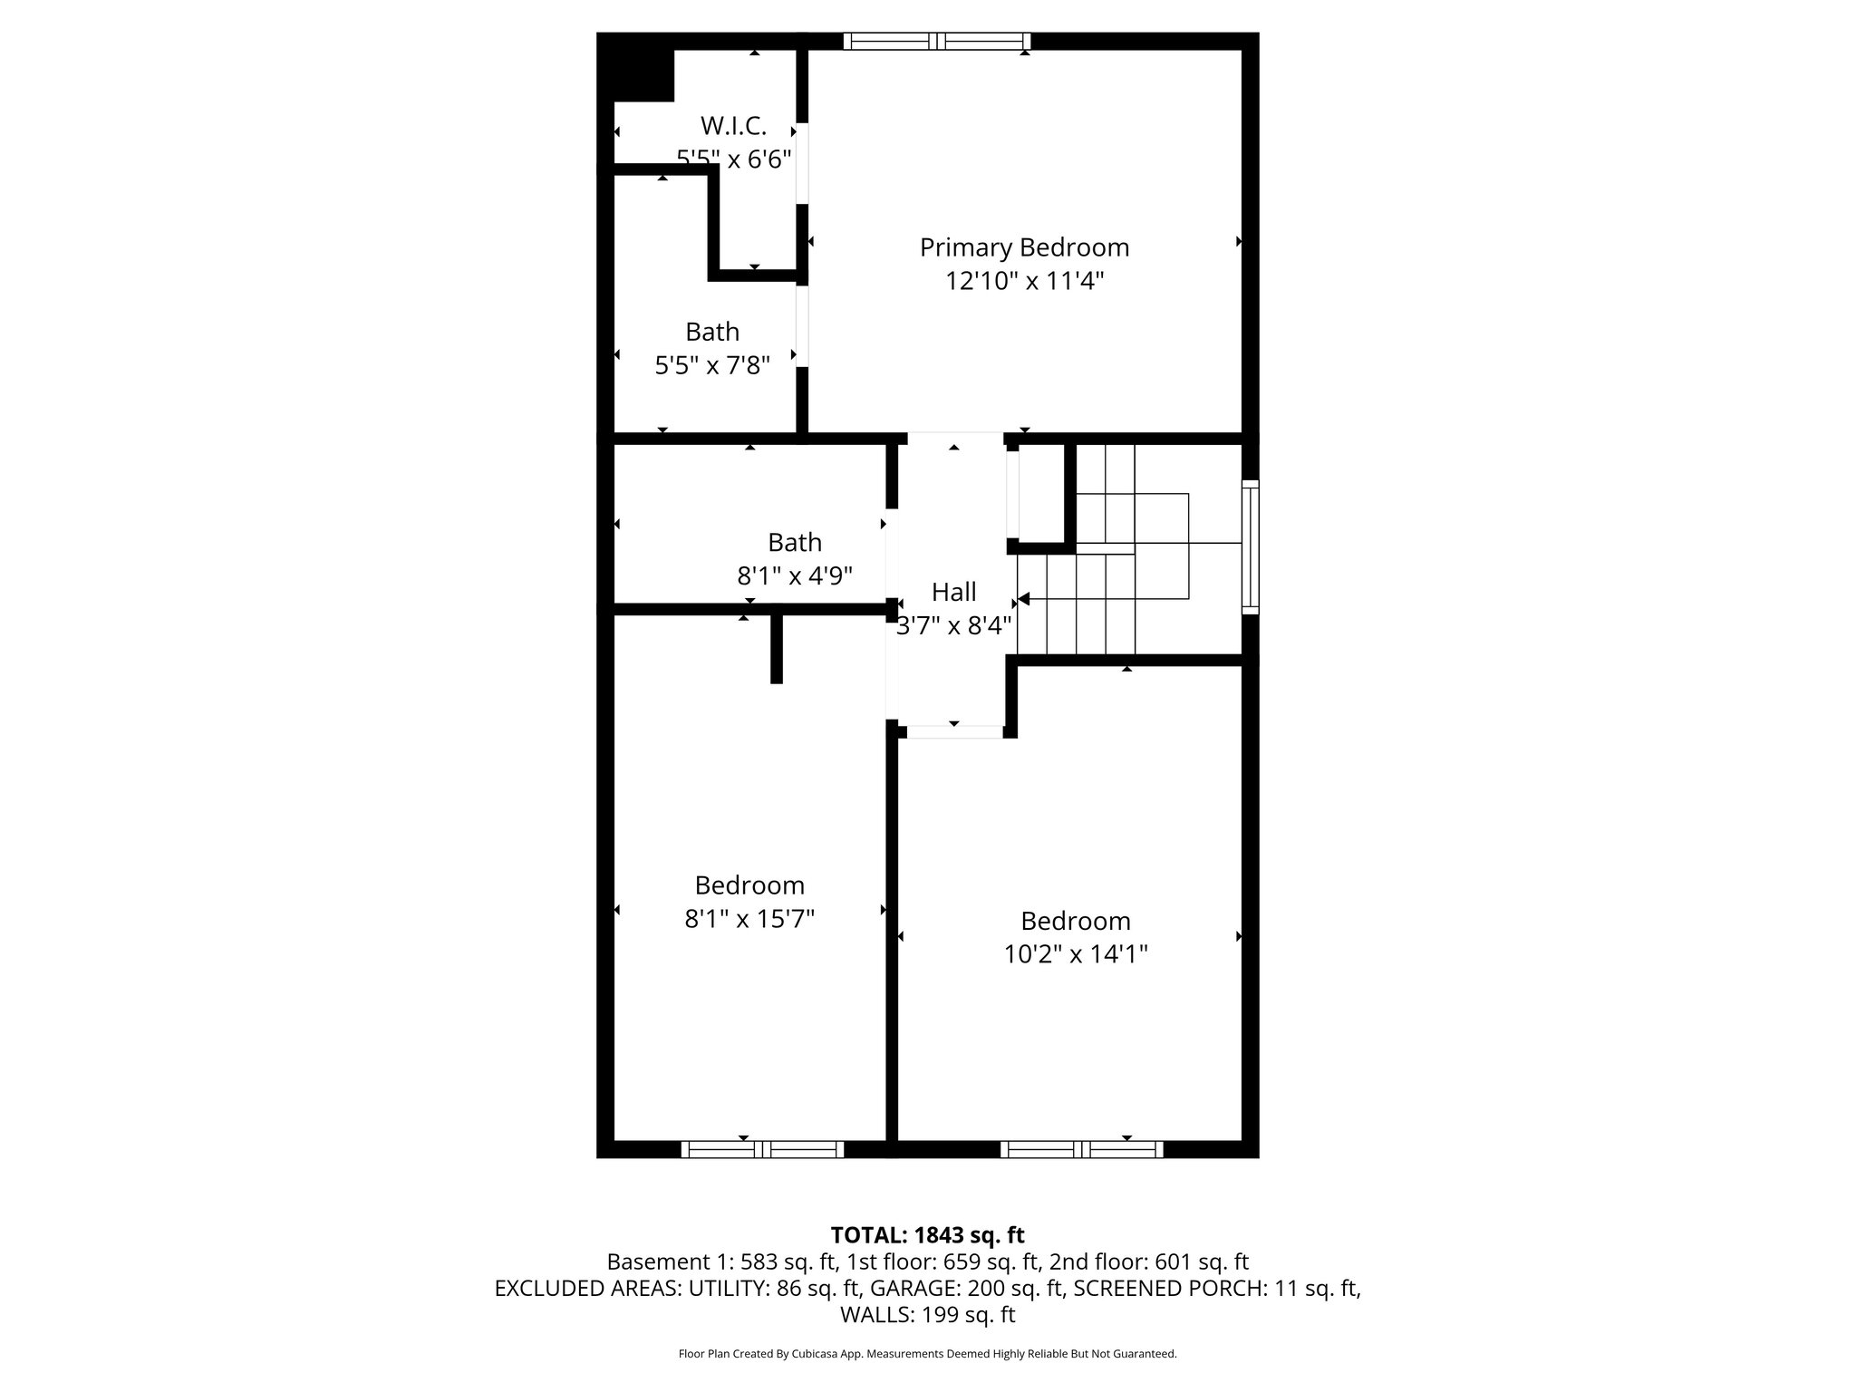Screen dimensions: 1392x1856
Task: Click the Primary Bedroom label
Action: (x=1024, y=247)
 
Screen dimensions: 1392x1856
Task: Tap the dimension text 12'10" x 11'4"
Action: (x=1024, y=282)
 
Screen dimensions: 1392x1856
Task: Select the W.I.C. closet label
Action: (x=733, y=126)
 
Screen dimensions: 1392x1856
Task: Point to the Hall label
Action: (x=953, y=592)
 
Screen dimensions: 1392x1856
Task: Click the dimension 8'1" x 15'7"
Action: (x=749, y=919)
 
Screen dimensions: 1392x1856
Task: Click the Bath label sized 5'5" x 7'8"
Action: (x=711, y=332)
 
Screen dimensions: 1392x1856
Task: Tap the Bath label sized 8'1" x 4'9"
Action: (x=794, y=542)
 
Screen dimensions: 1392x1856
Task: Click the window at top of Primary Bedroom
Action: (x=936, y=41)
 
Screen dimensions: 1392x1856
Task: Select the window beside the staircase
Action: (x=1250, y=546)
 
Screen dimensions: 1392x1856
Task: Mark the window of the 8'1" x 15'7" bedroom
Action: (x=762, y=1149)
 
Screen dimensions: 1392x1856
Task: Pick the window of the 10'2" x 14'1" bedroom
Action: (x=1081, y=1149)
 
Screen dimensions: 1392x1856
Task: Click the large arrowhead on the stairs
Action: (x=1024, y=599)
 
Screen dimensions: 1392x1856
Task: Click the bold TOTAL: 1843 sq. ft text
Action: (x=927, y=1235)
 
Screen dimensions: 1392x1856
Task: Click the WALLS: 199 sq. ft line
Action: (x=927, y=1314)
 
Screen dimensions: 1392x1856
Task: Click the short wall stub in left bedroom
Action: (x=776, y=648)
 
